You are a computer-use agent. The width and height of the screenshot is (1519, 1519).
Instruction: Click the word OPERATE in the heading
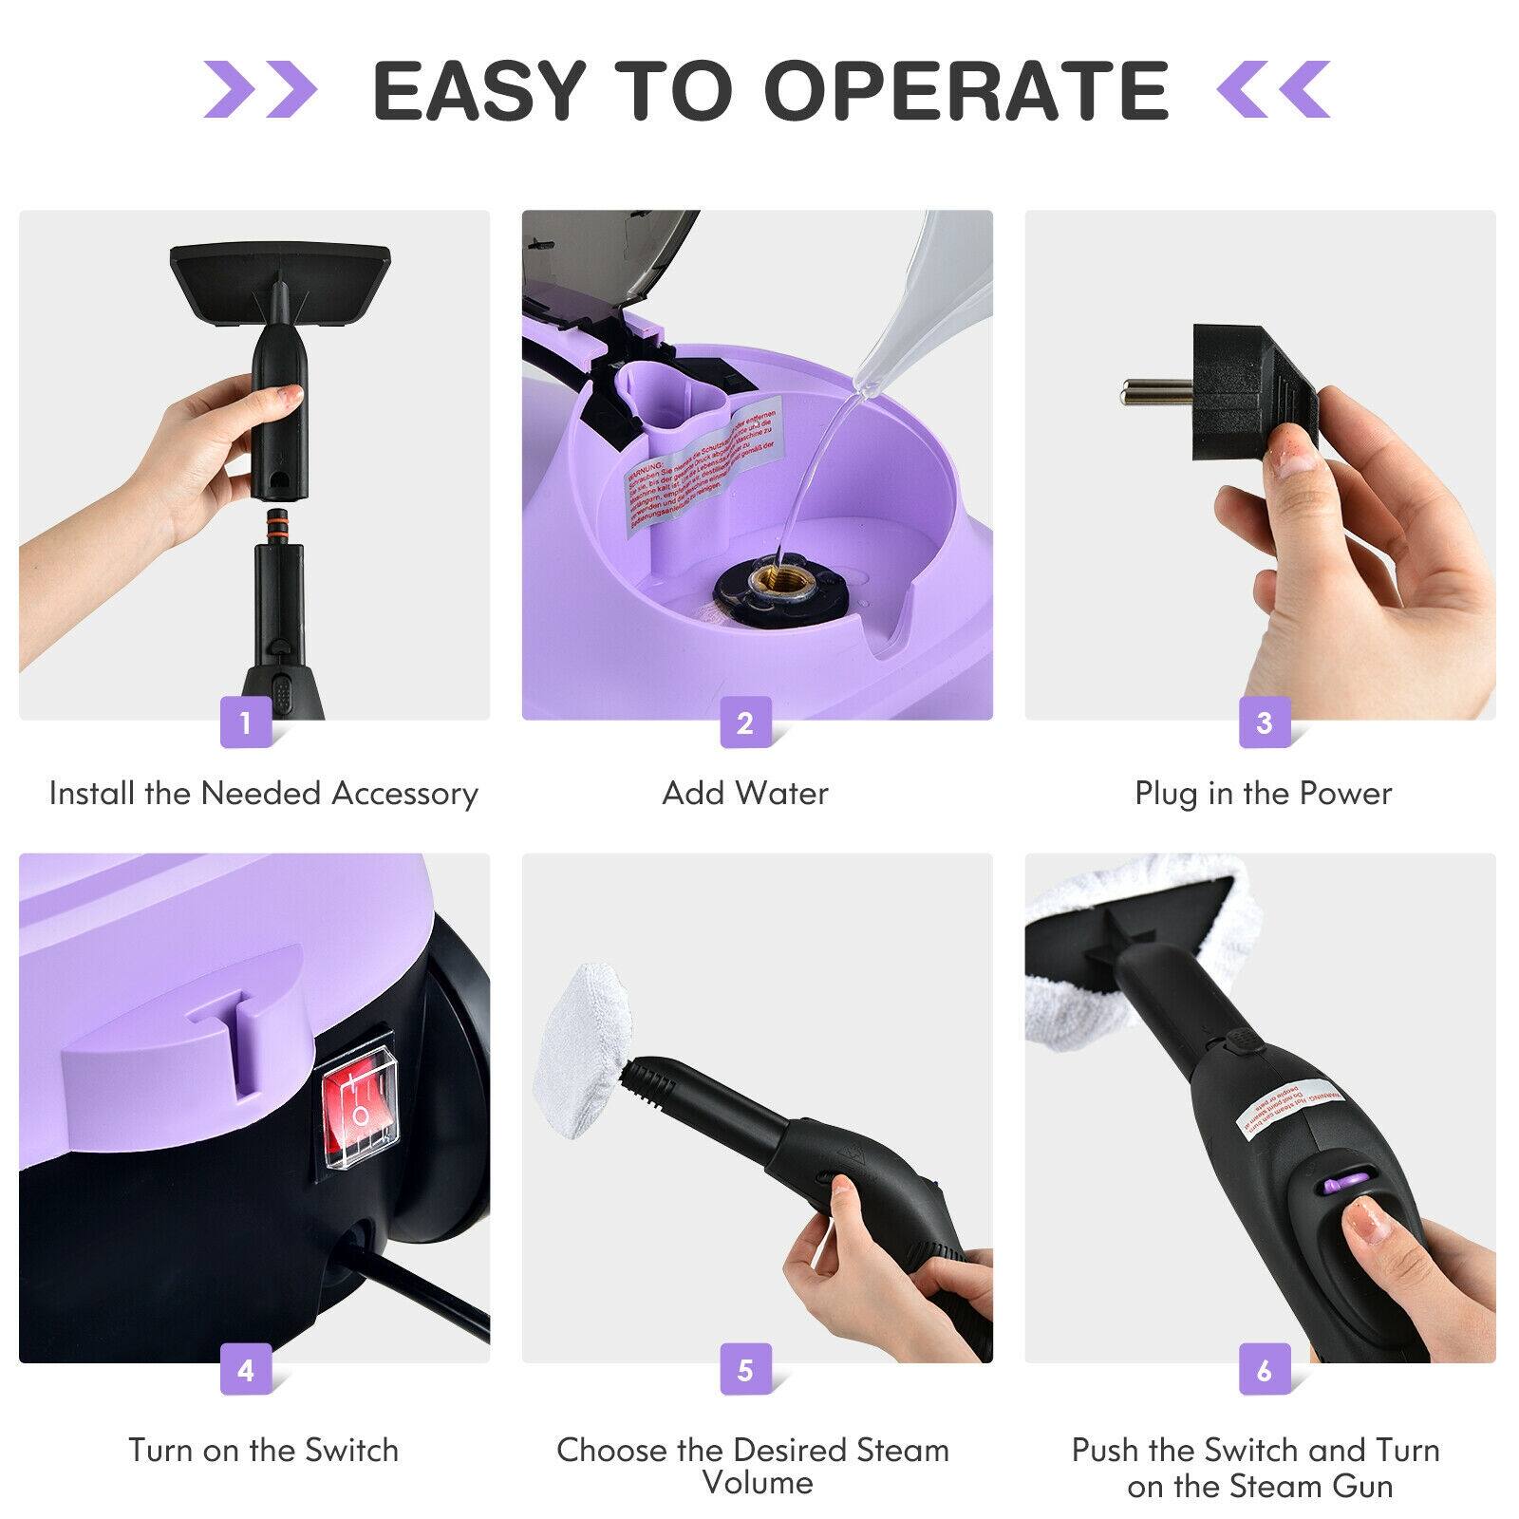[966, 90]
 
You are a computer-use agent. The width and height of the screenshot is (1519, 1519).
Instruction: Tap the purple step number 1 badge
[245, 722]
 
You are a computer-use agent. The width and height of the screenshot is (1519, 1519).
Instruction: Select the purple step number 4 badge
[245, 1371]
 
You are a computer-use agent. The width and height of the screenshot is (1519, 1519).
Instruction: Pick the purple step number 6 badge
[1264, 1371]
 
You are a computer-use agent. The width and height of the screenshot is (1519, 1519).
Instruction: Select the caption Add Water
[745, 793]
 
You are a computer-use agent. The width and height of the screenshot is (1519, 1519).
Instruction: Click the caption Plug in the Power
[1263, 793]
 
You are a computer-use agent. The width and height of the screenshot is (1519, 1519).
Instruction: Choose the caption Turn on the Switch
[263, 1450]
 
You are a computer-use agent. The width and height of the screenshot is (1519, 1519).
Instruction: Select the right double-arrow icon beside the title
[1273, 90]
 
